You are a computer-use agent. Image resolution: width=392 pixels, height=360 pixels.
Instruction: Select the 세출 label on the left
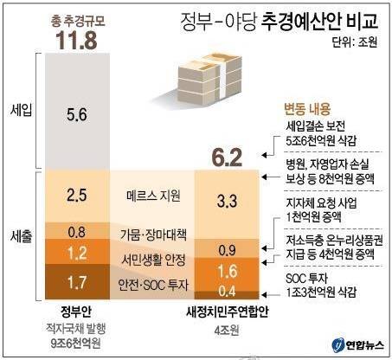(x=19, y=235)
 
